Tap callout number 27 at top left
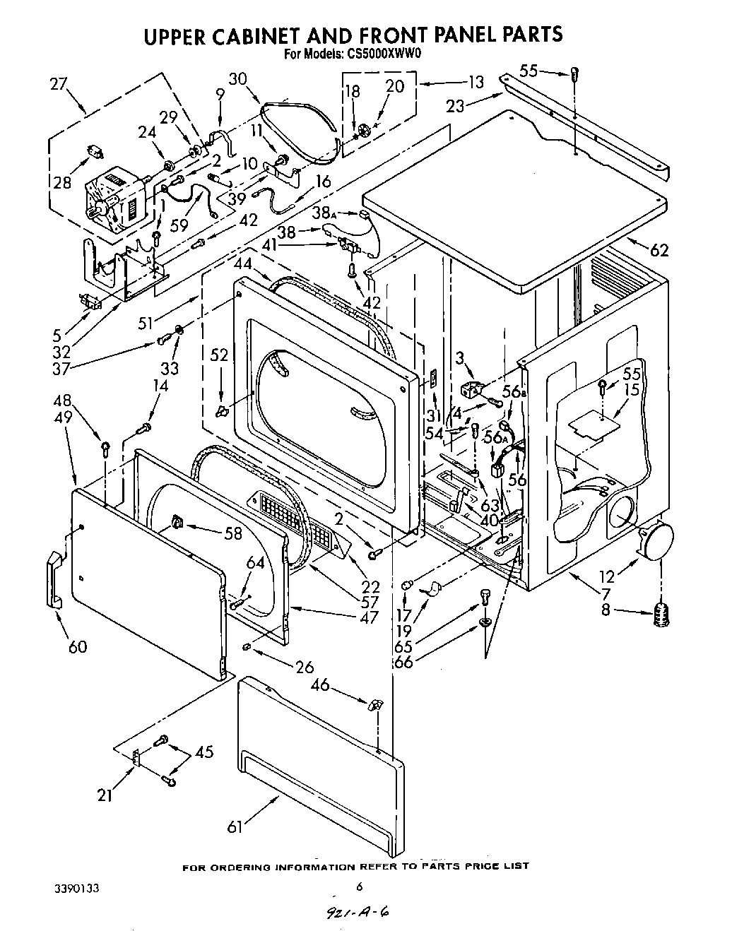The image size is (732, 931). [x=59, y=84]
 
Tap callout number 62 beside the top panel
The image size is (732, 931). [x=659, y=249]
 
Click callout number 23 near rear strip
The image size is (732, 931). [x=456, y=105]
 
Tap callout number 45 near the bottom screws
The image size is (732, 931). [x=203, y=753]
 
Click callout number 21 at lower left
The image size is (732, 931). [x=105, y=795]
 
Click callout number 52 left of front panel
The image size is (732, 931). [x=220, y=355]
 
